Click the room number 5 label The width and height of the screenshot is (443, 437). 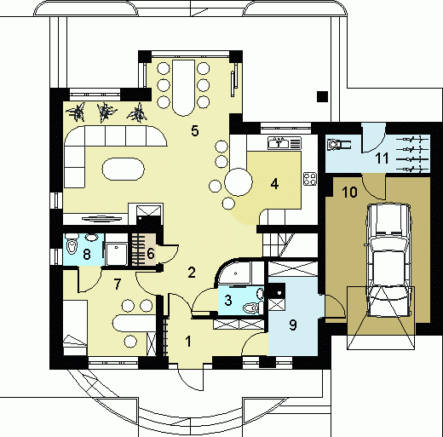[x=195, y=131]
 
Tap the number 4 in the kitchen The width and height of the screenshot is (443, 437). [x=274, y=184]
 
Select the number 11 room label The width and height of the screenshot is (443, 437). [x=382, y=158]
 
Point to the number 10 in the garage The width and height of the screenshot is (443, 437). [x=349, y=193]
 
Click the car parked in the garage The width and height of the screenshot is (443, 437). [x=389, y=260]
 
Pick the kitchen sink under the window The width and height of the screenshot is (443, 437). [x=285, y=143]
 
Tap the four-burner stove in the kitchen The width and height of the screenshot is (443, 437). [x=310, y=179]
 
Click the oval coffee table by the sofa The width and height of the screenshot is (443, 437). [x=123, y=170]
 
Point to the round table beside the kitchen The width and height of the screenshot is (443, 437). [x=239, y=182]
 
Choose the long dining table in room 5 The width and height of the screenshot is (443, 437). [x=184, y=88]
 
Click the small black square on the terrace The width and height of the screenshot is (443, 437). [x=322, y=96]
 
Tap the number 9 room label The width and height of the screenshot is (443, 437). [x=293, y=325]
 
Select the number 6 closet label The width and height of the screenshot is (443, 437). [x=151, y=253]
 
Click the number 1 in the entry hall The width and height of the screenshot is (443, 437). [x=188, y=342]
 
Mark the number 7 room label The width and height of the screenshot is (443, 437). [x=118, y=284]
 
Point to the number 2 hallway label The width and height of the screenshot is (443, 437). [x=192, y=273]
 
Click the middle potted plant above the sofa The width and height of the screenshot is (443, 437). [x=106, y=112]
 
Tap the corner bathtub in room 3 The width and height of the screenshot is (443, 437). [x=235, y=273]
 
